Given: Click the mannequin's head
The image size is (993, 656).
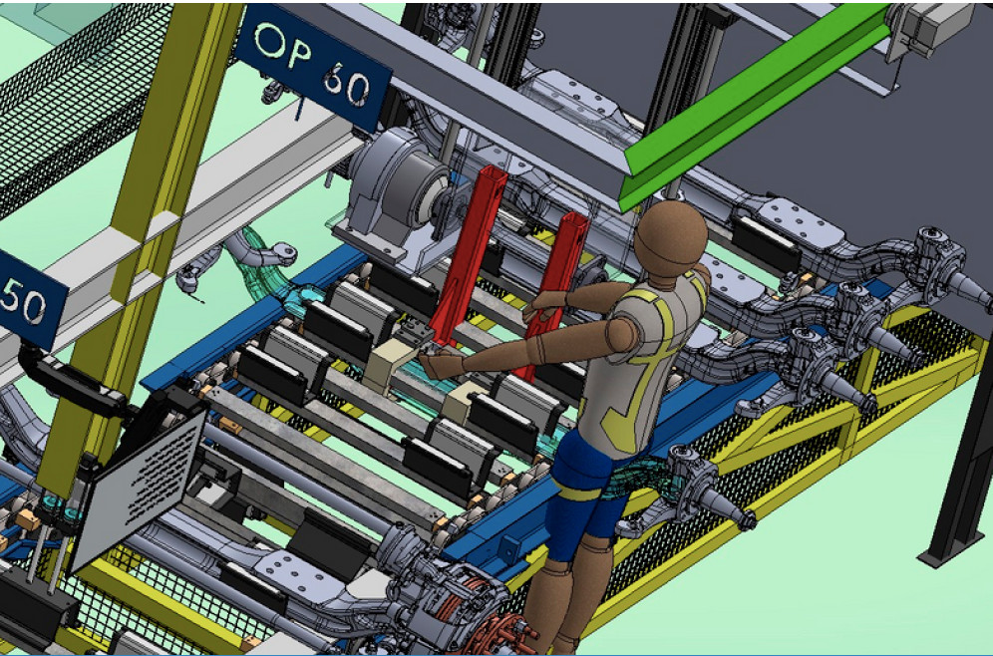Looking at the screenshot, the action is pos(670,237).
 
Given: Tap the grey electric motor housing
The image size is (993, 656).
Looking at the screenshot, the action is pos(396,190).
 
